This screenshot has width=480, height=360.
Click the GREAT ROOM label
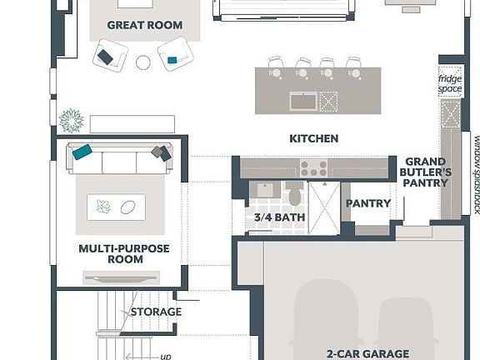[144, 25]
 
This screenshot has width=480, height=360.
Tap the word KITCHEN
[313, 138]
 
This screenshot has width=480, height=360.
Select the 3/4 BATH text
[279, 218]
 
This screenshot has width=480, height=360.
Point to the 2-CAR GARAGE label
[367, 353]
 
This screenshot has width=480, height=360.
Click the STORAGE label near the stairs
[156, 312]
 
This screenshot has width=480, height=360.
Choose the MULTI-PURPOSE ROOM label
[123, 253]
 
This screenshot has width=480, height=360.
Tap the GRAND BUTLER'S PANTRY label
[427, 172]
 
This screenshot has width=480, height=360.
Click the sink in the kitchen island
[302, 101]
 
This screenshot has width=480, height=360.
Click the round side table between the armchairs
[143, 62]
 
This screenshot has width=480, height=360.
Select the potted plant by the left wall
[72, 120]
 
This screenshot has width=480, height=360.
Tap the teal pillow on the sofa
[82, 152]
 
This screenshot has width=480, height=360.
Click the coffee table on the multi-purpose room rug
[116, 207]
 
